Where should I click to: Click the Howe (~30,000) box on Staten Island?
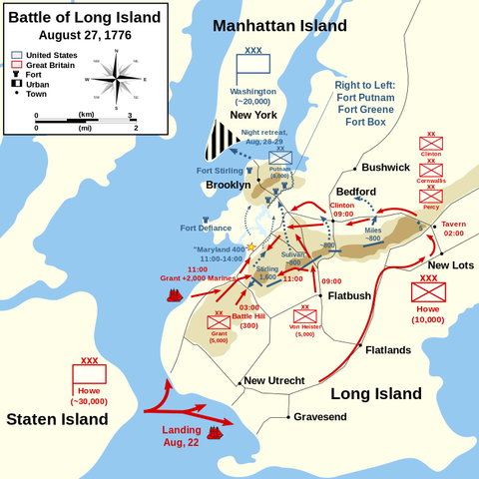pyautogui.click(x=89, y=379)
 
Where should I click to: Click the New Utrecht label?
pyautogui.click(x=280, y=380)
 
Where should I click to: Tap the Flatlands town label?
pyautogui.click(x=388, y=350)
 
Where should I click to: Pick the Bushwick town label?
pyautogui.click(x=385, y=168)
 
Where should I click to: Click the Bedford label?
pyautogui.click(x=355, y=191)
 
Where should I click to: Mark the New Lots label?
pyautogui.click(x=451, y=264)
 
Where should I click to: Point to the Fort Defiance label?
pyautogui.click(x=207, y=228)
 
